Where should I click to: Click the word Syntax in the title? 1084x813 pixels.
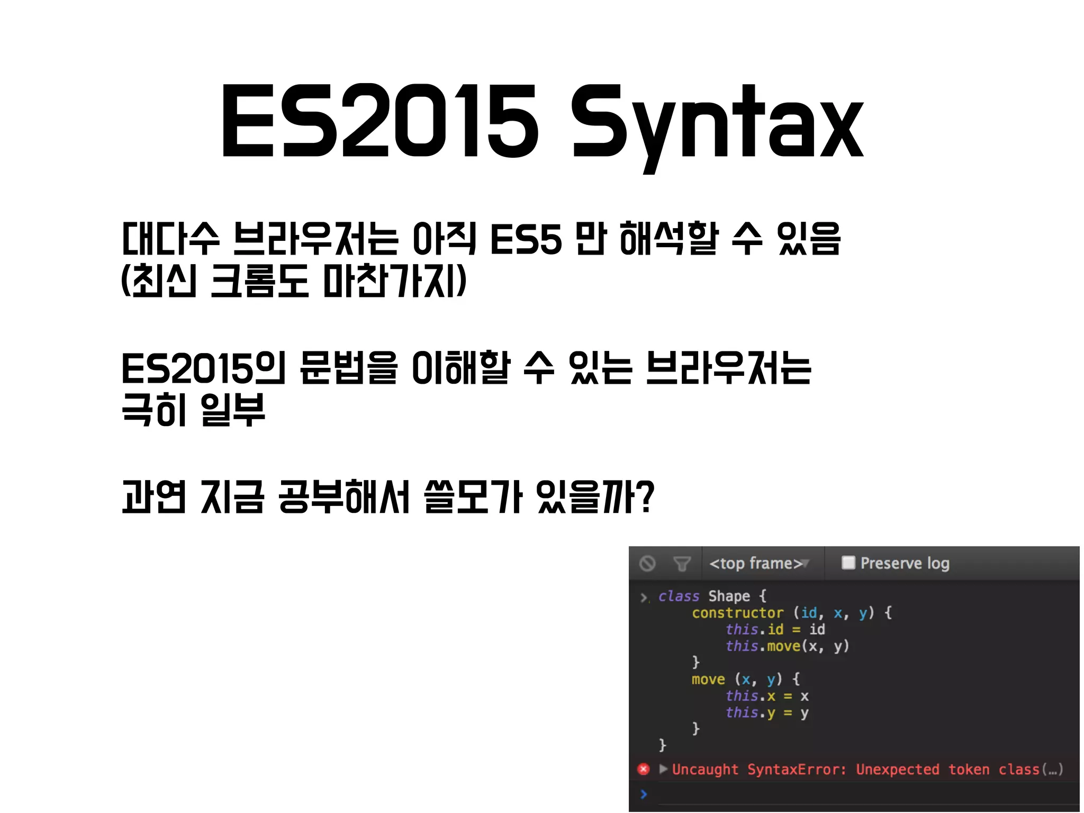(717, 123)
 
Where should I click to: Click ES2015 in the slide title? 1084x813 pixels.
(380, 122)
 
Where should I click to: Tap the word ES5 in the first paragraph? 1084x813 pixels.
(526, 239)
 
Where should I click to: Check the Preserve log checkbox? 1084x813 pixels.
(848, 563)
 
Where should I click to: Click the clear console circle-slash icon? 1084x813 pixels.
(647, 564)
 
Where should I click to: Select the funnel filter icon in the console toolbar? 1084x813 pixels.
(682, 564)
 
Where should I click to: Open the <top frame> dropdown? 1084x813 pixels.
(758, 564)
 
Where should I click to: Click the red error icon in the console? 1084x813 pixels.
(644, 769)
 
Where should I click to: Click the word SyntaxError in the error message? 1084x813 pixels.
(797, 769)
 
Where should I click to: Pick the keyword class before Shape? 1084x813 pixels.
(679, 597)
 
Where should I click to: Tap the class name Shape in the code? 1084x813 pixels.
(729, 597)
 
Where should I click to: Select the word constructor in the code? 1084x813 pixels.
(737, 613)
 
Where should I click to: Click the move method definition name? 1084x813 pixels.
(708, 679)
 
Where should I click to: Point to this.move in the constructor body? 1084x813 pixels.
(763, 646)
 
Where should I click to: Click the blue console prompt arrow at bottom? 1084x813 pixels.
(644, 794)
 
